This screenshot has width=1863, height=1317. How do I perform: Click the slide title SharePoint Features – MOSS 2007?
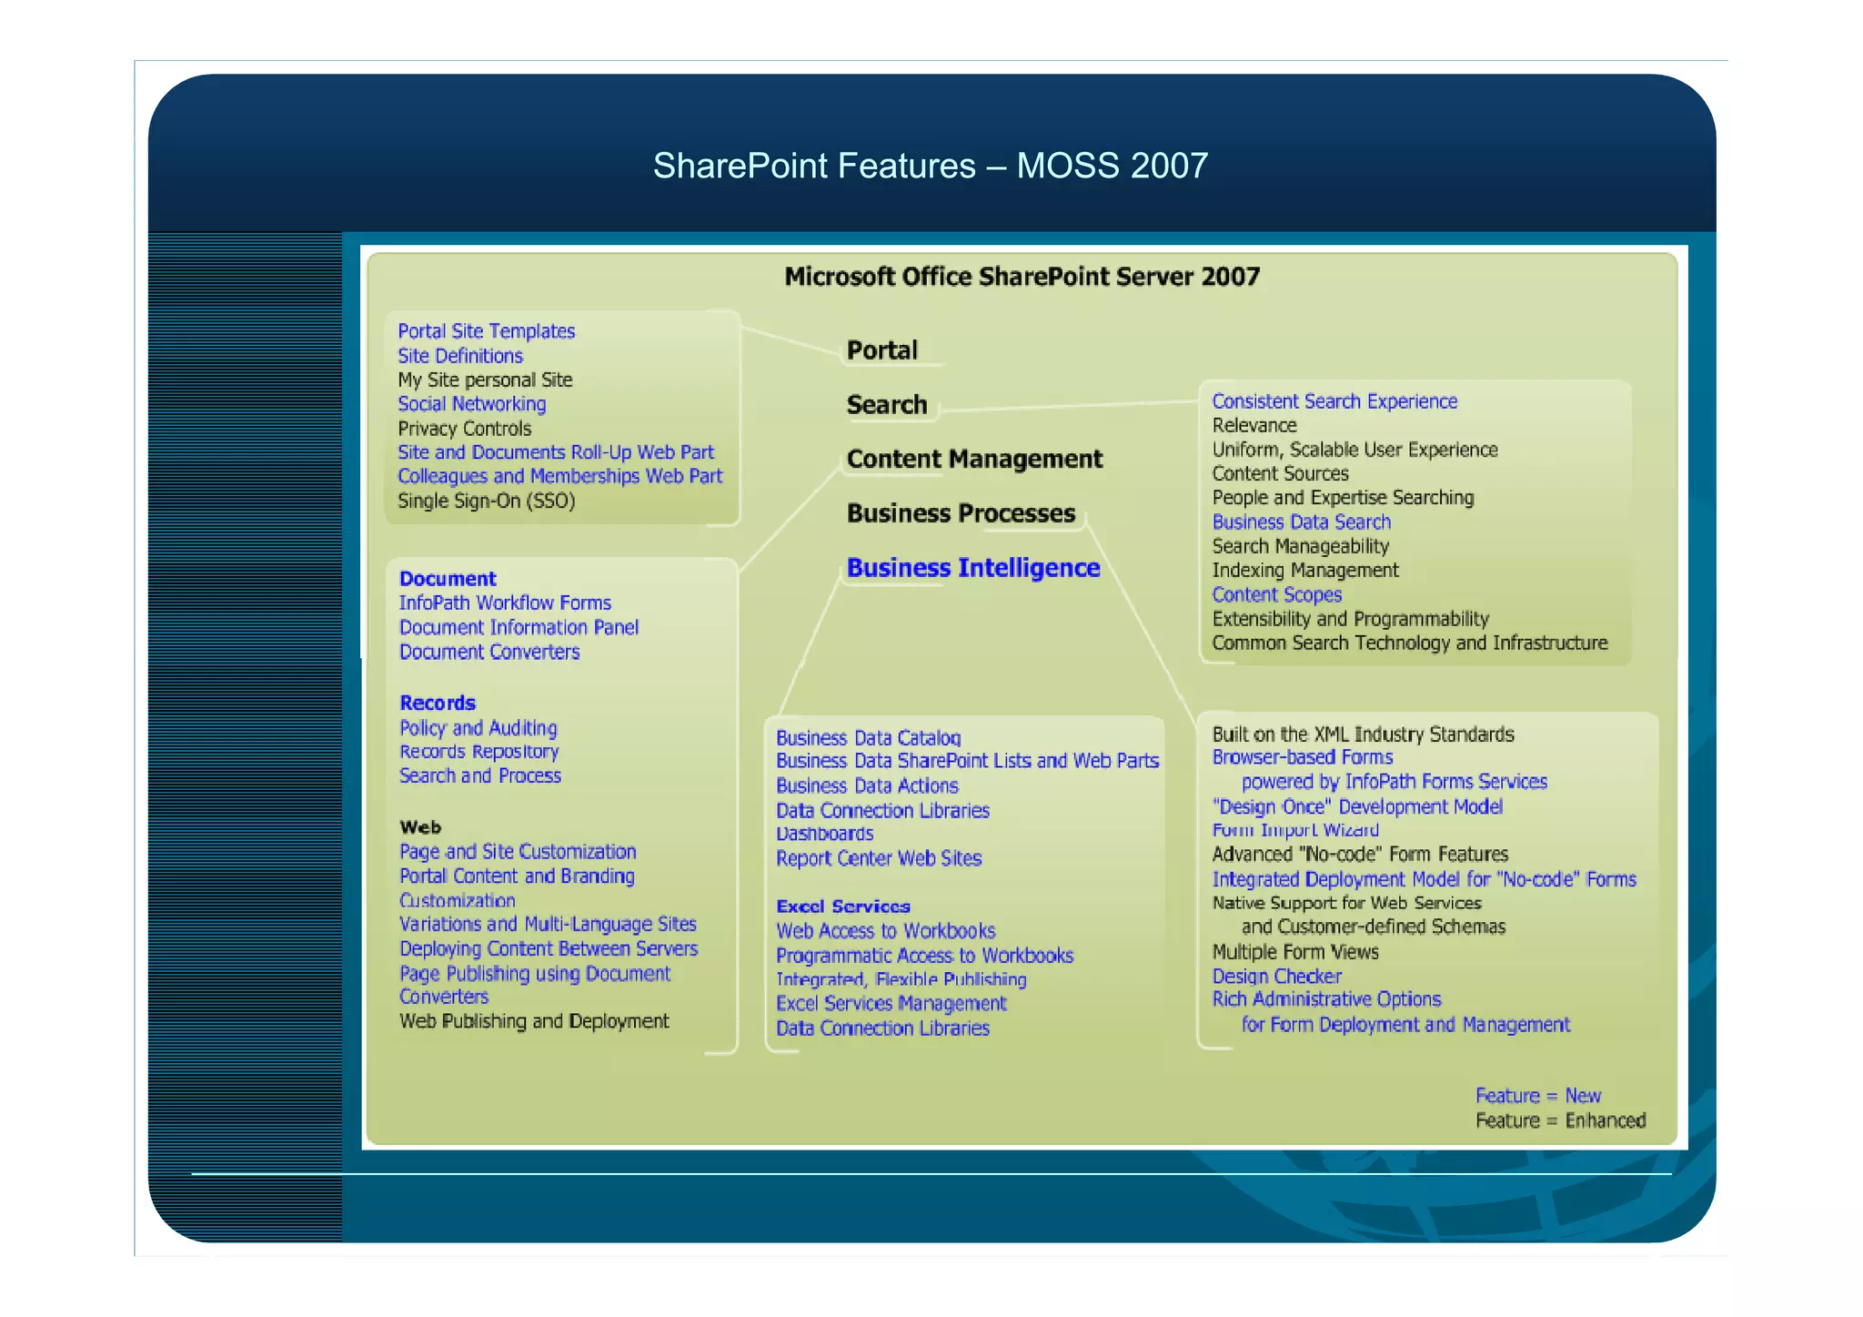point(930,166)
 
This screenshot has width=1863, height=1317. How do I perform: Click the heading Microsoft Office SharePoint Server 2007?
point(1022,277)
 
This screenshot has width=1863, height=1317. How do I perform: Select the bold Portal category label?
point(881,350)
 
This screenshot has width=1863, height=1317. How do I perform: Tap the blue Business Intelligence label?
point(972,568)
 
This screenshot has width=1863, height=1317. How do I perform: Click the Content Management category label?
point(973,459)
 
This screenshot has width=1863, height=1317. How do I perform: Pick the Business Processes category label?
point(961,513)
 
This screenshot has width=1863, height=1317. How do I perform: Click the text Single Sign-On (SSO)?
point(486,501)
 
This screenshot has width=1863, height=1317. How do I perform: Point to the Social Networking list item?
point(471,404)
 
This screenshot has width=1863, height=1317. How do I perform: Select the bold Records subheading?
point(438,703)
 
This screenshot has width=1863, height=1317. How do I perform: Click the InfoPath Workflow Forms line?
point(505,603)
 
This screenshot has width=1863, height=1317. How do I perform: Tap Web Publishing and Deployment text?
point(534,1021)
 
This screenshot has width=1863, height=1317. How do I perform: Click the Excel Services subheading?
point(842,907)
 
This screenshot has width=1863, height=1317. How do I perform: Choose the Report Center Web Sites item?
point(878,858)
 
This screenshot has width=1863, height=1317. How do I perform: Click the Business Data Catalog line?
point(868,737)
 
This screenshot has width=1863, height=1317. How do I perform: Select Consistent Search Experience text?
point(1334,401)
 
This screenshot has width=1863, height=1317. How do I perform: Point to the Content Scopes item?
point(1276,594)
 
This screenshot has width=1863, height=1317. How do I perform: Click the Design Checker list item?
point(1276,976)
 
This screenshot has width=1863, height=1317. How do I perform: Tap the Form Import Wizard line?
point(1294,830)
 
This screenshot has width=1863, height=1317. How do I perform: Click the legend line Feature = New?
point(1537,1096)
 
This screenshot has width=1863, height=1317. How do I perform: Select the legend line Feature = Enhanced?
point(1560,1120)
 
